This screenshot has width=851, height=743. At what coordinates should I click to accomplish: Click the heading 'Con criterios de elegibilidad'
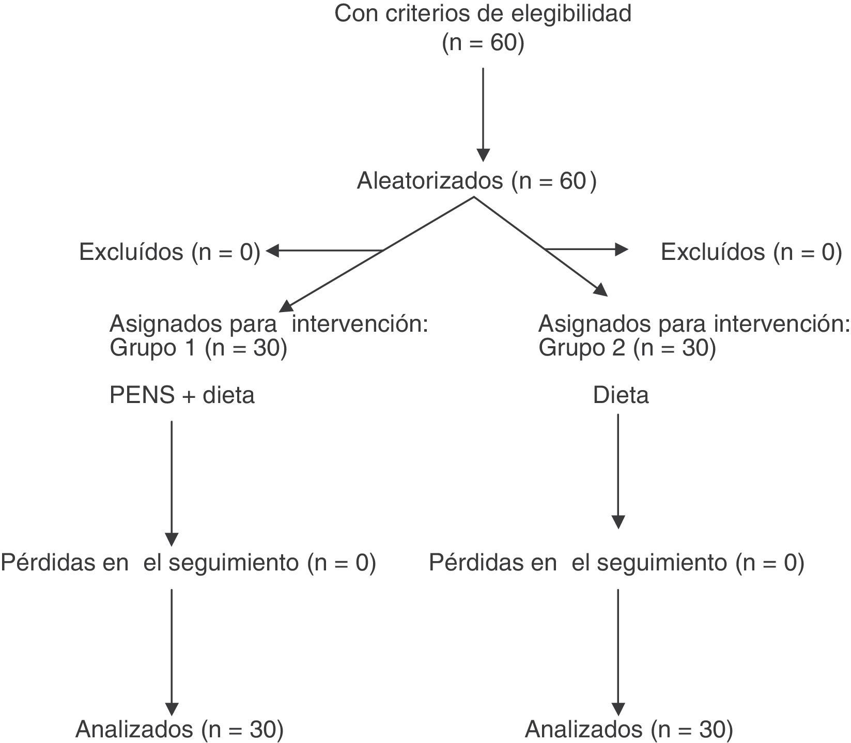(483, 14)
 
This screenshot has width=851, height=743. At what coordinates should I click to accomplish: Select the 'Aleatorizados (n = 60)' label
(476, 181)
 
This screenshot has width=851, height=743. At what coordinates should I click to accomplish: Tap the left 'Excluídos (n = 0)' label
(169, 252)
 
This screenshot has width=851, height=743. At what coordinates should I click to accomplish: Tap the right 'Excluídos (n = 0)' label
(751, 252)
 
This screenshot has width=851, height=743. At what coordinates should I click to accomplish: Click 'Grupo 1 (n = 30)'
(198, 348)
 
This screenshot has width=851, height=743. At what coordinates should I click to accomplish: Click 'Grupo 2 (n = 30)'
(627, 348)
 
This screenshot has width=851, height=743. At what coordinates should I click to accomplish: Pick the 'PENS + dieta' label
(182, 395)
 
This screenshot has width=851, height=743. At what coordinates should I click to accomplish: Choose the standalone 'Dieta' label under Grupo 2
(621, 395)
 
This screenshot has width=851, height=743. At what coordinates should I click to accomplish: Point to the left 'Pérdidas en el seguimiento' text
(188, 562)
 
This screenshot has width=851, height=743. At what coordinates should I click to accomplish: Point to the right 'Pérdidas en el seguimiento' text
(616, 562)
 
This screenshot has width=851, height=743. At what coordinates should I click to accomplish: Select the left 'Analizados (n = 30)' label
(179, 730)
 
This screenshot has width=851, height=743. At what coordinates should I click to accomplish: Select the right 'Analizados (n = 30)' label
(629, 730)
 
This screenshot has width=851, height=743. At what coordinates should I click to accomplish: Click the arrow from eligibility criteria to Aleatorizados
(483, 114)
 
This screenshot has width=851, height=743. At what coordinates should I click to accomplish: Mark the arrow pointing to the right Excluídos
(586, 250)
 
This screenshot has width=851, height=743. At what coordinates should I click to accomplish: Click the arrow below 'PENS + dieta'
(172, 483)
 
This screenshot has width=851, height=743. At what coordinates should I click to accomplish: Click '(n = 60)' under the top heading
(483, 43)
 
